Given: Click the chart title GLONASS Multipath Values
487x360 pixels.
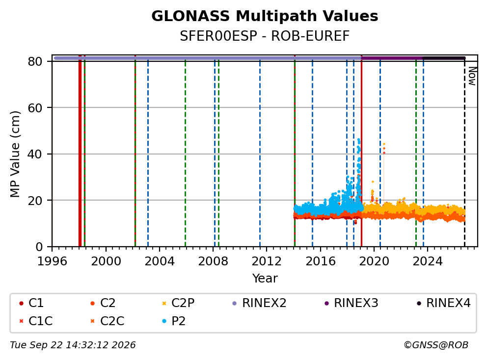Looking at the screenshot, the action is pyautogui.click(x=265, y=16).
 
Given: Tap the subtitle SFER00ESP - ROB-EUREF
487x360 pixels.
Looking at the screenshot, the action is pyautogui.click(x=265, y=36).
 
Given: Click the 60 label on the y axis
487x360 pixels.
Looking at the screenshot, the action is pyautogui.click(x=35, y=108).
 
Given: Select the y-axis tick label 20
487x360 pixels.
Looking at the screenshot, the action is pyautogui.click(x=35, y=201).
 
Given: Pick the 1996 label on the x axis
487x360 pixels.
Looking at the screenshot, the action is pyautogui.click(x=52, y=261).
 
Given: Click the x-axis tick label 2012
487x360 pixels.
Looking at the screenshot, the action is pyautogui.click(x=267, y=261).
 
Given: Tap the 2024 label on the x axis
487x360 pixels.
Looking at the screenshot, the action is pyautogui.click(x=428, y=261).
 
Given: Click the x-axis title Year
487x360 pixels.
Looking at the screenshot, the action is pyautogui.click(x=265, y=279).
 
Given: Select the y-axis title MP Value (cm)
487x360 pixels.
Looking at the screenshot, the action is pyautogui.click(x=15, y=154).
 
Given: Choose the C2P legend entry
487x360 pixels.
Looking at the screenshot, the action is pyautogui.click(x=178, y=303).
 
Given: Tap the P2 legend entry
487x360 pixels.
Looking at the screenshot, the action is pyautogui.click(x=174, y=321).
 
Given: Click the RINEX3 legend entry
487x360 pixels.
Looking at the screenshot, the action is pyautogui.click(x=352, y=303).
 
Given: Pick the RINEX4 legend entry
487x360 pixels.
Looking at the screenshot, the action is pyautogui.click(x=443, y=303).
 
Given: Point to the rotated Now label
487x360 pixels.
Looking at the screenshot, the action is pyautogui.click(x=472, y=76).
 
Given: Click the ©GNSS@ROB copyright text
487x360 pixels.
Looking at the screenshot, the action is pyautogui.click(x=436, y=345).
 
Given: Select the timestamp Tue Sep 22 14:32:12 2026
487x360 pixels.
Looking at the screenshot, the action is pyautogui.click(x=73, y=345).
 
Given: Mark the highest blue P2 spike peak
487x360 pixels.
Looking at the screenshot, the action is pyautogui.click(x=359, y=140).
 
